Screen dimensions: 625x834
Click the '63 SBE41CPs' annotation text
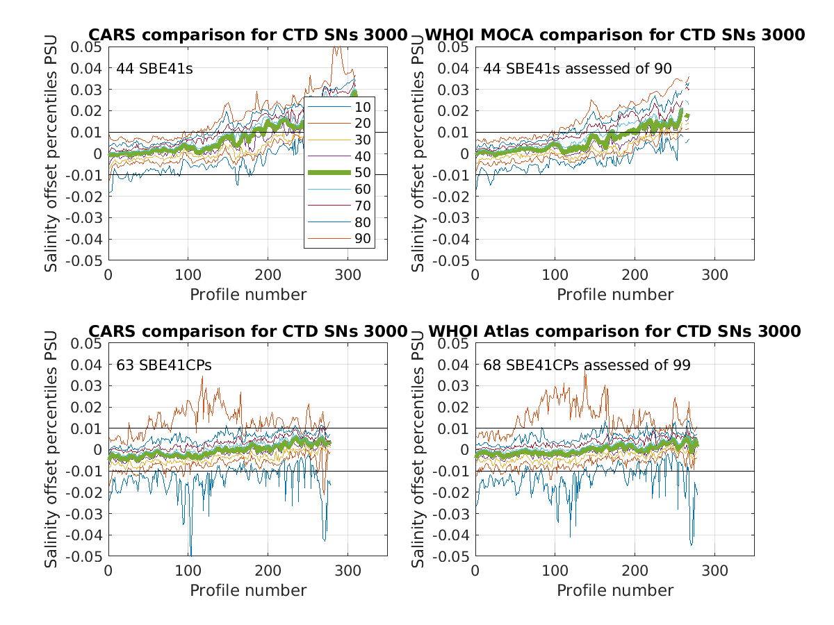point(163,365)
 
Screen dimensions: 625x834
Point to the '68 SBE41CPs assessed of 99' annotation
point(587,365)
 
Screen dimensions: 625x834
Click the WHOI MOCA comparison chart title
point(614,35)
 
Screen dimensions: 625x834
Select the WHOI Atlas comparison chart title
point(614,331)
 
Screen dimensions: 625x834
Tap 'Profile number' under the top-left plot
point(248,294)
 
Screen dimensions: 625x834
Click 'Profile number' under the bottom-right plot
point(615,590)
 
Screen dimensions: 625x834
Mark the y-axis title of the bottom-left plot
point(52,450)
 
